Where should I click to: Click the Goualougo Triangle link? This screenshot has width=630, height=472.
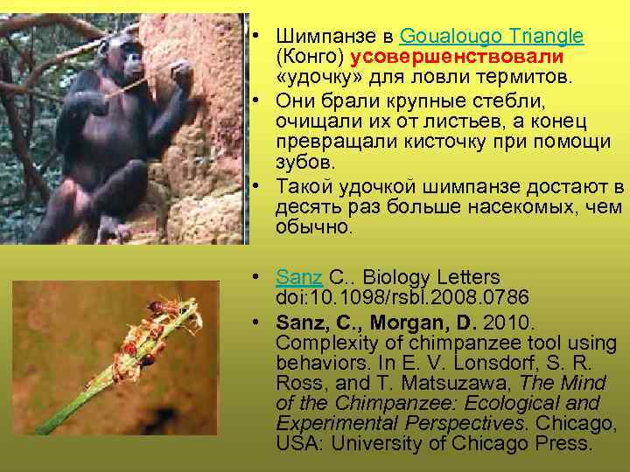point(491,37)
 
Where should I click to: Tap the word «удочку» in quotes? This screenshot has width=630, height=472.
point(315,77)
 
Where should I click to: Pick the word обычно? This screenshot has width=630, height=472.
point(313,228)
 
